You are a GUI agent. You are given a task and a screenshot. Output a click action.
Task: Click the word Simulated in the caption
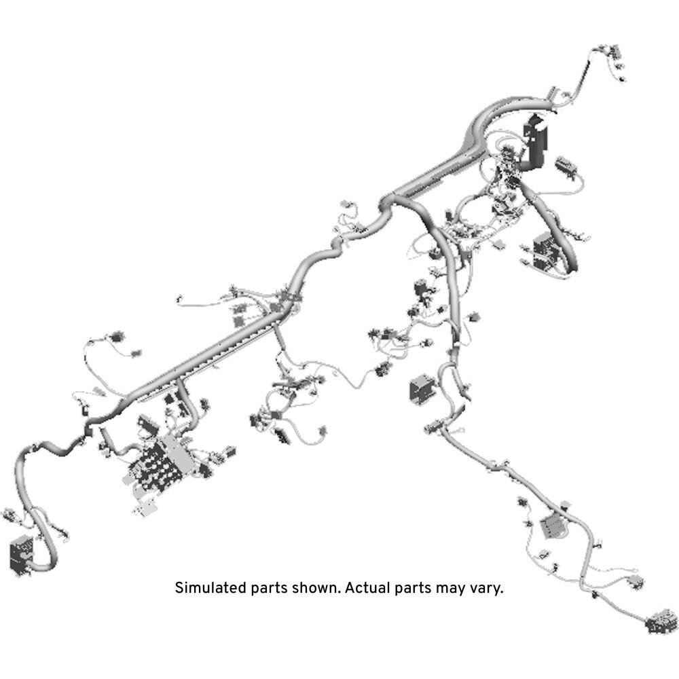[x=210, y=587]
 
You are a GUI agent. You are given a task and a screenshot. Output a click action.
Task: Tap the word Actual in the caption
[x=367, y=587]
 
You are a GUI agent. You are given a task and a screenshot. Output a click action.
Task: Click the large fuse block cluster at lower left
[x=161, y=463]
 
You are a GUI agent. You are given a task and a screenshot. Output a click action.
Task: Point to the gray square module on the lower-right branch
[x=553, y=526]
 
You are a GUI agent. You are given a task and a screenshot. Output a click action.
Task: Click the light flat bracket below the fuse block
[x=145, y=507]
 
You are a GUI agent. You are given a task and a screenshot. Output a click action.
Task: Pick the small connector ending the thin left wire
[x=179, y=298]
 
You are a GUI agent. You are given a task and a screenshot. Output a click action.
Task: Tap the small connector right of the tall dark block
[x=566, y=167]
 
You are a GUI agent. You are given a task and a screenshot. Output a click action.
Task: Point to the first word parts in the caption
[x=268, y=589]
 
